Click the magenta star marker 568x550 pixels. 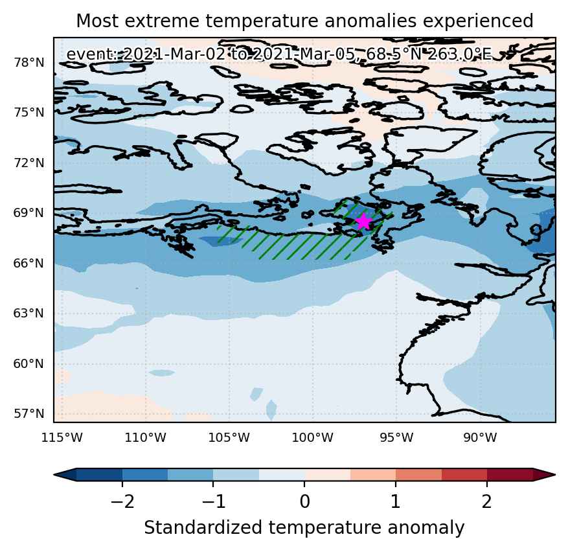point(363,222)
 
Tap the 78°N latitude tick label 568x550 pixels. point(29,63)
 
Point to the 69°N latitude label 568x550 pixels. point(29,212)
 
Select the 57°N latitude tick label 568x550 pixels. point(29,413)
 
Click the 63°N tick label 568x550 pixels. point(29,313)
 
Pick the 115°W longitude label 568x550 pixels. point(62,438)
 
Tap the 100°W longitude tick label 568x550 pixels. point(312,438)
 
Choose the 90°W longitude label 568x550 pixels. point(480,438)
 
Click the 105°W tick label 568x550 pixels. point(229,438)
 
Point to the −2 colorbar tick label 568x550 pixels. point(122,502)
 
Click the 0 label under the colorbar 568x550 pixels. point(304,502)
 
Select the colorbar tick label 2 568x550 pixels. point(486,502)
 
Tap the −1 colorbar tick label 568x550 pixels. point(213,502)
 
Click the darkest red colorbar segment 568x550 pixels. point(510,474)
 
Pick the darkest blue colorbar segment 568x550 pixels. point(99,474)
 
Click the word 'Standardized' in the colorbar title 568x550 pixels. point(203,527)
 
